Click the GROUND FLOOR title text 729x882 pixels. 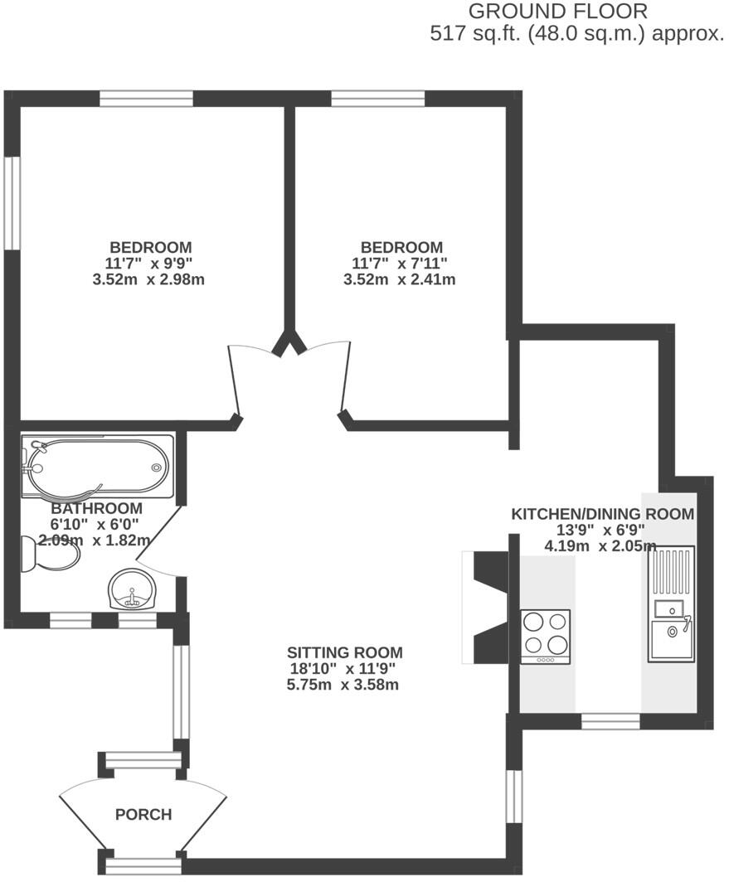(557, 12)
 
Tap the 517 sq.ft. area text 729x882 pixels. (576, 35)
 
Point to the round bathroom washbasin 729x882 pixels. (132, 589)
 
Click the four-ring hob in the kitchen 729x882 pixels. (545, 636)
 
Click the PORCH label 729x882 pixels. (143, 815)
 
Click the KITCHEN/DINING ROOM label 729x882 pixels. (602, 514)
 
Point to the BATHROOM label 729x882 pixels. (96, 508)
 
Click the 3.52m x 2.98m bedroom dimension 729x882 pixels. (149, 279)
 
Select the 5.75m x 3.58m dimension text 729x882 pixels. (344, 685)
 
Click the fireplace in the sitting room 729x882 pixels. (488, 607)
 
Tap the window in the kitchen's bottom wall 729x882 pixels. (610, 721)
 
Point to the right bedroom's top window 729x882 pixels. (378, 99)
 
